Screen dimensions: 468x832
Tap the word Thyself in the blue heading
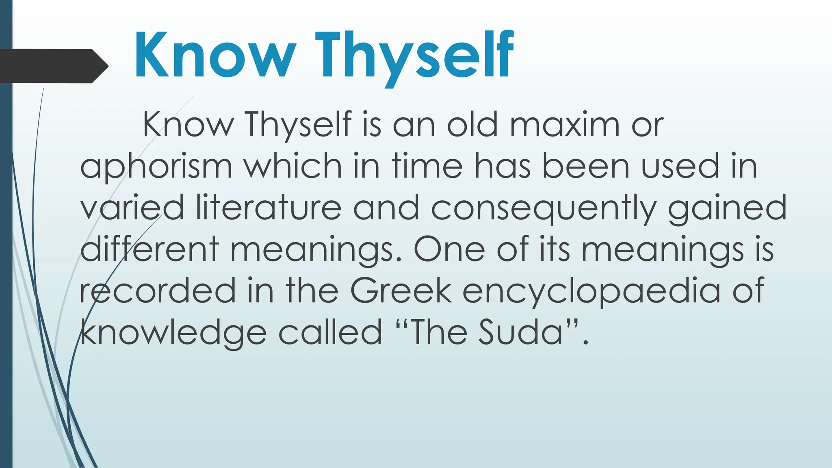pyautogui.click(x=414, y=57)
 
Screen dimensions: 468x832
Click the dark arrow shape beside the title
pyautogui.click(x=53, y=66)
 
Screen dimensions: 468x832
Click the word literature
pyautogui.click(x=269, y=208)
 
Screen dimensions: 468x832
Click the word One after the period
pyautogui.click(x=449, y=249)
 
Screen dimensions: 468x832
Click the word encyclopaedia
pyautogui.click(x=591, y=292)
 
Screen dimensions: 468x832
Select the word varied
pyautogui.click(x=132, y=208)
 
